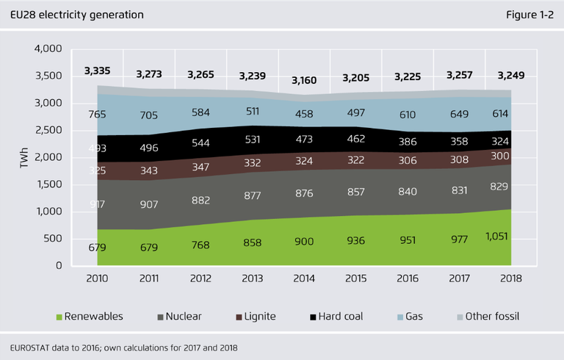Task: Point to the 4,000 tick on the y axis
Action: pyautogui.click(x=48, y=49)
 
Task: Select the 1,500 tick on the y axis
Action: pyautogui.click(x=48, y=184)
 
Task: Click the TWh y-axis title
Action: pyautogui.click(x=23, y=158)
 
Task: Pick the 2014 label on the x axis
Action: pyautogui.click(x=305, y=279)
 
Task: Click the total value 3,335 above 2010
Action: pyautogui.click(x=97, y=71)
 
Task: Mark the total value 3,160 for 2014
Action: pyautogui.click(x=305, y=80)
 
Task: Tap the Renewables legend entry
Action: pyautogui.click(x=89, y=316)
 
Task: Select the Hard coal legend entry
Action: pyautogui.click(x=336, y=316)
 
